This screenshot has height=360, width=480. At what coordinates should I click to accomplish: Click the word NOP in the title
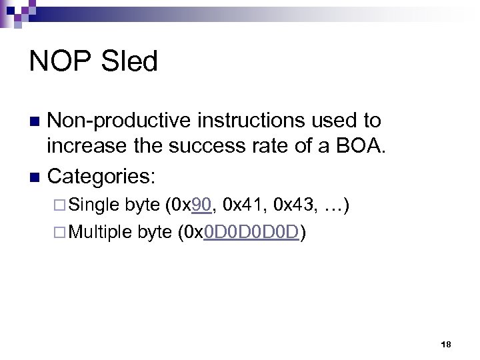coord(60,62)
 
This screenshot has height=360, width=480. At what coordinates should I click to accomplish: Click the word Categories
coord(101,177)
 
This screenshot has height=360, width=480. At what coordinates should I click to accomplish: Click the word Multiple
coord(101,232)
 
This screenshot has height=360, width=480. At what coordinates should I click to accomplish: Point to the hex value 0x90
coord(191,205)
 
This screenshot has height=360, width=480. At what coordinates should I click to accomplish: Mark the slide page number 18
coord(446,345)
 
